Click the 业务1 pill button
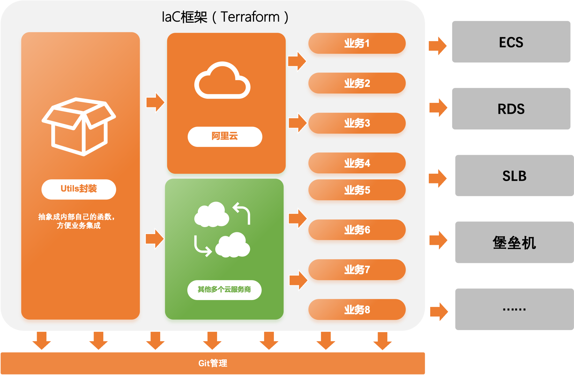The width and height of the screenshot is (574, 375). (x=357, y=44)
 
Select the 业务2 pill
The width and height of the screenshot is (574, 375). (x=357, y=83)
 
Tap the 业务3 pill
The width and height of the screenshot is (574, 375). (x=357, y=123)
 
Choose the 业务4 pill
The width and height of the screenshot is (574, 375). (x=357, y=163)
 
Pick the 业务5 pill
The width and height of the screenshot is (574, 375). (x=357, y=190)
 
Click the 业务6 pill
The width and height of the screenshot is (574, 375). (x=357, y=230)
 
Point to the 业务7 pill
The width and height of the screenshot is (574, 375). (x=357, y=270)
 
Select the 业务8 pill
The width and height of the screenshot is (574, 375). (x=357, y=310)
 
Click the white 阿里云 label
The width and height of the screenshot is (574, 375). (x=225, y=136)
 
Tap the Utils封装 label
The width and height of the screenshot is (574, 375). (x=79, y=189)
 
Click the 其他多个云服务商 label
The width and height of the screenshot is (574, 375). (x=224, y=290)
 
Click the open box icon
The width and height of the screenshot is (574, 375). (x=79, y=126)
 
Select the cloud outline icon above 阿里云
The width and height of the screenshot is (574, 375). (x=222, y=81)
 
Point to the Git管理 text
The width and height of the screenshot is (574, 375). (x=213, y=363)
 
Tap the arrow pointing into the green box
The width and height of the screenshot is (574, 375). (x=155, y=239)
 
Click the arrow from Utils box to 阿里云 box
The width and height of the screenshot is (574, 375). (x=155, y=103)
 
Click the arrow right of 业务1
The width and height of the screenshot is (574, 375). (x=438, y=46)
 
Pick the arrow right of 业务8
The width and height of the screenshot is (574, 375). (x=439, y=312)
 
